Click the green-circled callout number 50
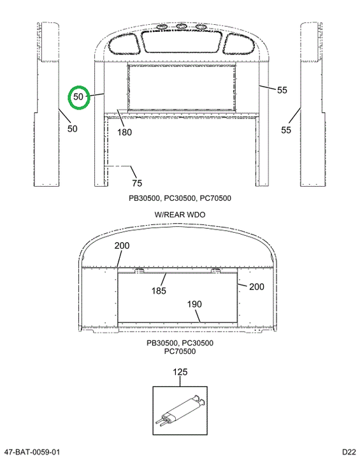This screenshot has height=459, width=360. [x=78, y=97]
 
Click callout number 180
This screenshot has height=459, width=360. [x=124, y=133]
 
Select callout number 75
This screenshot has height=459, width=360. [x=137, y=183]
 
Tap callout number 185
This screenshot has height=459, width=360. [x=159, y=291]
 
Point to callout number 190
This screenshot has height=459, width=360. [x=194, y=305]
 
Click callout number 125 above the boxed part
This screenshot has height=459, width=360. [x=180, y=372]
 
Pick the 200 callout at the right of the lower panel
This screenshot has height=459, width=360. [x=257, y=287]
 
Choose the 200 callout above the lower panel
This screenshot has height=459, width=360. [x=122, y=245]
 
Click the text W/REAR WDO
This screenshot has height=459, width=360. [x=180, y=215]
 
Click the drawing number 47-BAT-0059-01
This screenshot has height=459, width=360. [x=32, y=452]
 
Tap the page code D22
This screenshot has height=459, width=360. [x=349, y=452]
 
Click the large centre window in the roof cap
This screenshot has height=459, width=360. [x=181, y=41]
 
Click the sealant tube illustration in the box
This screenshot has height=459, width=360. [x=180, y=411]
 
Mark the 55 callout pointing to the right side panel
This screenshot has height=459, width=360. [x=286, y=130]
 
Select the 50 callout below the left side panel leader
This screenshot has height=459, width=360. [x=72, y=129]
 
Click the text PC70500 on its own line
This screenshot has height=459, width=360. [x=180, y=351]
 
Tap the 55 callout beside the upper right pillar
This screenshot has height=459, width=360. [x=282, y=90]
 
